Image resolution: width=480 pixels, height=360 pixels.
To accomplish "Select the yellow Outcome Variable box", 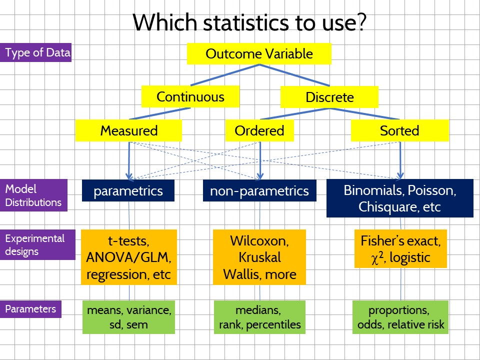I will pyautogui.click(x=259, y=54).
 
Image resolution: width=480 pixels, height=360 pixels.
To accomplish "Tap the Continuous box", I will pyautogui.click(x=190, y=96).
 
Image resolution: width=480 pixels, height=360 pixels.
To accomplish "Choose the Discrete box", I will pyautogui.click(x=329, y=97).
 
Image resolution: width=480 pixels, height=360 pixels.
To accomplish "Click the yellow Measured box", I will pyautogui.click(x=128, y=131).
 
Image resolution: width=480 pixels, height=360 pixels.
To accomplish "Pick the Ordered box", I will pyautogui.click(x=259, y=131).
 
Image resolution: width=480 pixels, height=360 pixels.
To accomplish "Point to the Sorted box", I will pyautogui.click(x=399, y=131).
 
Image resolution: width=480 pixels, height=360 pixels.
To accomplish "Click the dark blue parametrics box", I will pyautogui.click(x=128, y=191).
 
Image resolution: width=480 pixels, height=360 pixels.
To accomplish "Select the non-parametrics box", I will pyautogui.click(x=259, y=191).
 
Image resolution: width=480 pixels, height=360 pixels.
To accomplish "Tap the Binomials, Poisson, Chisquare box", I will pyautogui.click(x=399, y=198).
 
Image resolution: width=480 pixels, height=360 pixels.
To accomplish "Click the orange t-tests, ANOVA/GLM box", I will pyautogui.click(x=128, y=257).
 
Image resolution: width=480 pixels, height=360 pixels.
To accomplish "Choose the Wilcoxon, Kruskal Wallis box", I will pyautogui.click(x=259, y=257).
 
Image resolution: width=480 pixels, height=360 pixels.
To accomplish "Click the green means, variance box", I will pyautogui.click(x=128, y=317).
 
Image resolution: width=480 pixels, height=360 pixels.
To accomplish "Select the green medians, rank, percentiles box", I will pyautogui.click(x=259, y=317).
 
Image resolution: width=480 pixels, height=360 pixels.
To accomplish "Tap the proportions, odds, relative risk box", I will pyautogui.click(x=399, y=317).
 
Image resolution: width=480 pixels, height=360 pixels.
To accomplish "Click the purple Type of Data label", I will pyautogui.click(x=37, y=52).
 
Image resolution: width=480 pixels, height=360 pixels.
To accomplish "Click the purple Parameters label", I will pyautogui.click(x=32, y=309).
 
